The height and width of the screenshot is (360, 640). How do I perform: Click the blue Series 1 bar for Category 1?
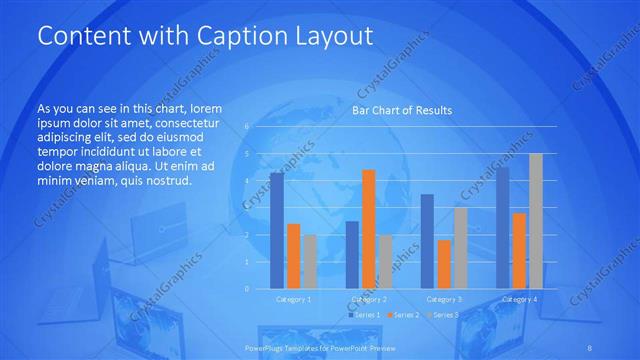click(x=277, y=231)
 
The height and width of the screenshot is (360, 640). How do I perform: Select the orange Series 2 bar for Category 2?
click(x=369, y=229)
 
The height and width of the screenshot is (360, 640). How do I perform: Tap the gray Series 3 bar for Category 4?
click(x=536, y=221)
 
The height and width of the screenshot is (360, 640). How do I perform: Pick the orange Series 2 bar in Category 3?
click(x=444, y=264)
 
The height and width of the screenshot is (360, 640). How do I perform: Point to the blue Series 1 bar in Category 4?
click(x=502, y=228)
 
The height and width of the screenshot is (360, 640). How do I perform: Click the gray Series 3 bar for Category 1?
click(x=310, y=262)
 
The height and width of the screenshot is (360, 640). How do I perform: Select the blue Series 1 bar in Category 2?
click(x=352, y=255)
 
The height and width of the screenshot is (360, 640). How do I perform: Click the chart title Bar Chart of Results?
click(x=403, y=110)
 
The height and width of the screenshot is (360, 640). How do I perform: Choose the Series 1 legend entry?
click(x=364, y=315)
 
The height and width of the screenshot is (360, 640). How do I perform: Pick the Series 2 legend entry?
click(x=402, y=315)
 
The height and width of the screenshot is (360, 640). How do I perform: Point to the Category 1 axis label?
click(x=293, y=299)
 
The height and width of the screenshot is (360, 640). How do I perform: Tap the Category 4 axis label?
click(x=519, y=299)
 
